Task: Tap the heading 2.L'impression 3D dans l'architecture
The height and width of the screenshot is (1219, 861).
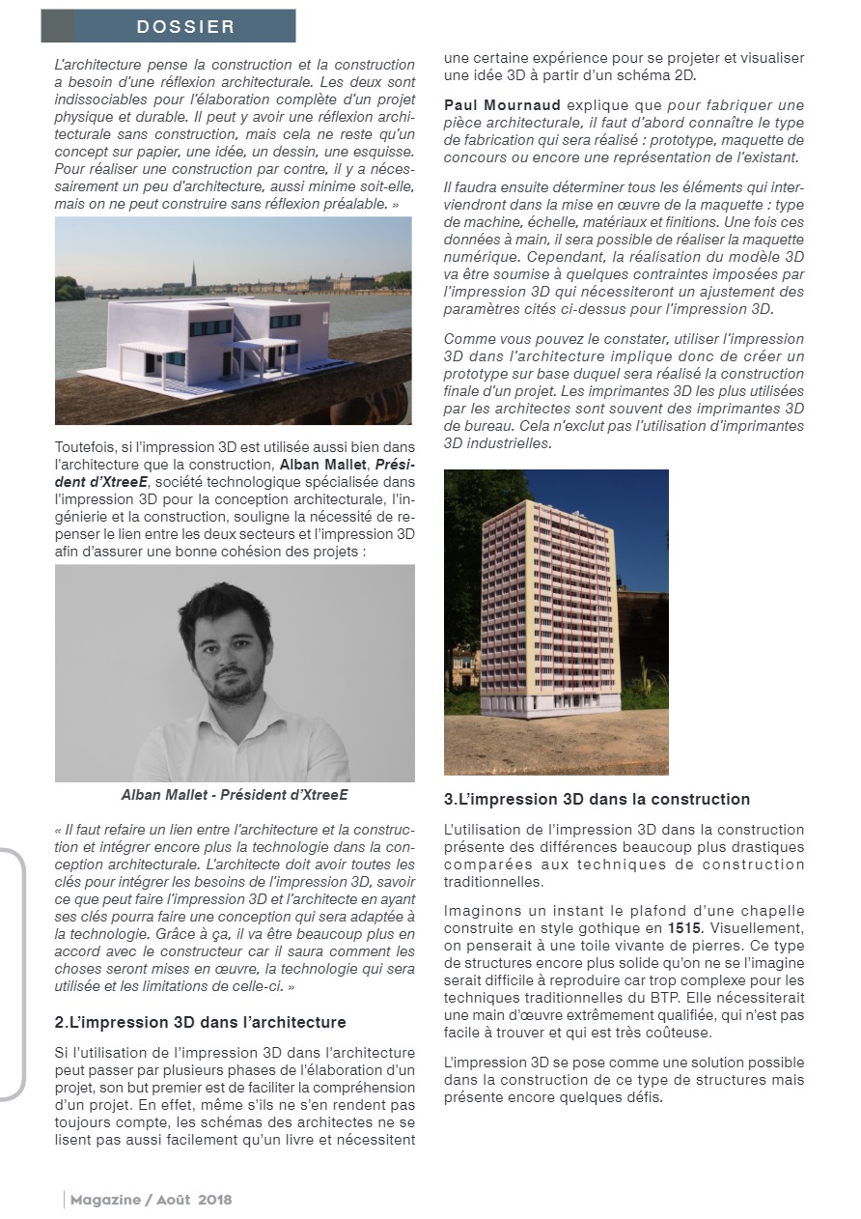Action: click(200, 1022)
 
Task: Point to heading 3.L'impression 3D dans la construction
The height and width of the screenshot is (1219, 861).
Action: click(597, 799)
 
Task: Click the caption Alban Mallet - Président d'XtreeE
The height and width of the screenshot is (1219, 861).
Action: click(235, 795)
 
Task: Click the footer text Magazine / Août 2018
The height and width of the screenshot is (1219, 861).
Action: click(151, 1200)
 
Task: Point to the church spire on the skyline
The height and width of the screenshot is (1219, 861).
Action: click(193, 272)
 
